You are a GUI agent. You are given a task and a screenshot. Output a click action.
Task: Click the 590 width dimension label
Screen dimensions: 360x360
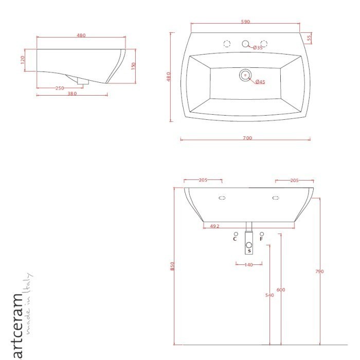(x=245, y=22)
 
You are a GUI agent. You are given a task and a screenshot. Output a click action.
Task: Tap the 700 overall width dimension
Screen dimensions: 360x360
(x=247, y=138)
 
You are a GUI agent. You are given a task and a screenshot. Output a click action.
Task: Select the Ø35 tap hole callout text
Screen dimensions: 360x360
(x=258, y=48)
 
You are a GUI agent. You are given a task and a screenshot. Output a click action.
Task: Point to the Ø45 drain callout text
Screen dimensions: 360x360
(x=260, y=82)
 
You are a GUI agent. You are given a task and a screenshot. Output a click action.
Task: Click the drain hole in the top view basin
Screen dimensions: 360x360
(x=245, y=75)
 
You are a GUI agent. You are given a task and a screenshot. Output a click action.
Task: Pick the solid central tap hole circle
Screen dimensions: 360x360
(x=245, y=44)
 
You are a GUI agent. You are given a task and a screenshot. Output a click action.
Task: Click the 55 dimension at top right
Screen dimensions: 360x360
(x=309, y=38)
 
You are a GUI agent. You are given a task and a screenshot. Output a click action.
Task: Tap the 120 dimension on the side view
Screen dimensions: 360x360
(x=23, y=60)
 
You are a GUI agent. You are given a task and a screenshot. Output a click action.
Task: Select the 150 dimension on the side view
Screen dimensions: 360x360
(x=133, y=66)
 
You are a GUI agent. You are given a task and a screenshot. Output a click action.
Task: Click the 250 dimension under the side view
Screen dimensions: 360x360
(x=60, y=88)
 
